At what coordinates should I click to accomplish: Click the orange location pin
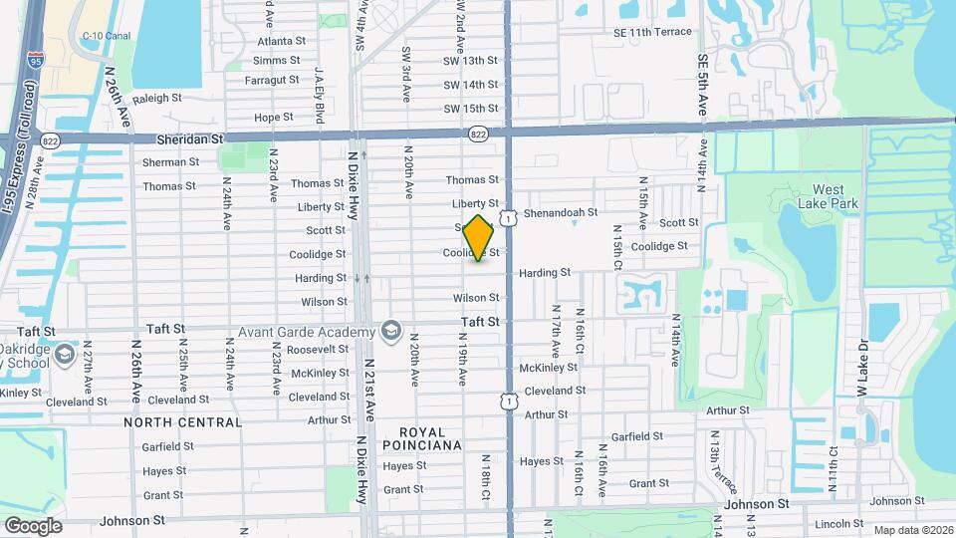(x=480, y=238)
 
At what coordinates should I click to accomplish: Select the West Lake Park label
(x=827, y=196)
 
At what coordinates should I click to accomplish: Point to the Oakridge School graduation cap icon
(x=65, y=354)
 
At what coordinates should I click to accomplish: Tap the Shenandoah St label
(x=560, y=212)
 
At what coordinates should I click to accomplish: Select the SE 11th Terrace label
(x=652, y=32)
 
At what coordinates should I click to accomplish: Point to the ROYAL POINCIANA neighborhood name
(x=422, y=438)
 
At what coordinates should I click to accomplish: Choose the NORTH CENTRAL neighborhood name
(x=182, y=422)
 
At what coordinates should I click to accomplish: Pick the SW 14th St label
(x=470, y=86)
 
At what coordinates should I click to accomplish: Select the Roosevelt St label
(x=317, y=350)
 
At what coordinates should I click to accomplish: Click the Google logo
(x=33, y=525)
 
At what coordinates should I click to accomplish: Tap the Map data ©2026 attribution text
(x=912, y=530)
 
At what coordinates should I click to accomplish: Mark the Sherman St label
(x=164, y=162)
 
